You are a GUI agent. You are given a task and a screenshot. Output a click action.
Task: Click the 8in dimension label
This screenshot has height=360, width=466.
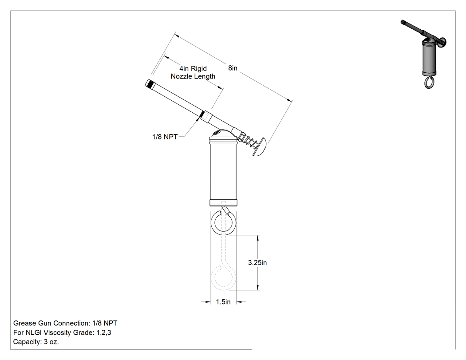(x=233, y=68)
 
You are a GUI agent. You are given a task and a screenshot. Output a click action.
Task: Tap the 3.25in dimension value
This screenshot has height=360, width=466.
(x=257, y=263)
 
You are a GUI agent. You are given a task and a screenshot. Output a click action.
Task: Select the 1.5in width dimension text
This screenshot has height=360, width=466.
(x=223, y=302)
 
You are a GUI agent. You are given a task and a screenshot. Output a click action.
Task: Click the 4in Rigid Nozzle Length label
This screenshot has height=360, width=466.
(x=193, y=72)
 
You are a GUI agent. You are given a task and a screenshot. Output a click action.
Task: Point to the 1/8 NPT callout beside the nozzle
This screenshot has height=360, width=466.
(x=165, y=137)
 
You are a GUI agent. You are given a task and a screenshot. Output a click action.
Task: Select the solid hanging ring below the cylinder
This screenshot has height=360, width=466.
(x=223, y=223)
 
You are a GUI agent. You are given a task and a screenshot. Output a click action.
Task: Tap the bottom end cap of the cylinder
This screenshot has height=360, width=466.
(x=223, y=203)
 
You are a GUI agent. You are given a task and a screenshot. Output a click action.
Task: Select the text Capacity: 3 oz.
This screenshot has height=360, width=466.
(x=36, y=342)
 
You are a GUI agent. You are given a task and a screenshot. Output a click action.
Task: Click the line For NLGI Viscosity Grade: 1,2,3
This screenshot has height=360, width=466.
(x=62, y=332)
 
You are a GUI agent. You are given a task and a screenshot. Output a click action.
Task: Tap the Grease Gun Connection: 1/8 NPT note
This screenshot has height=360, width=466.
(x=65, y=323)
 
